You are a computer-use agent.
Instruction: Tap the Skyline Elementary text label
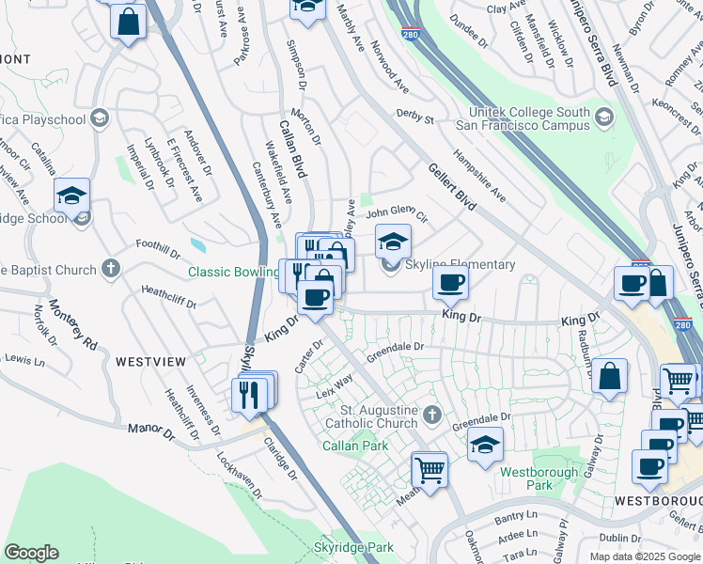pos(460,265)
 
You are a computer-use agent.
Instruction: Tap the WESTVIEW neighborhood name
pos(150,361)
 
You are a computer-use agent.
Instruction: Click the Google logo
pos(31,553)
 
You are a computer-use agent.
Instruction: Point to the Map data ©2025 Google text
pos(645,556)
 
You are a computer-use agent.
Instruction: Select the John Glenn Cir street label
pos(397,213)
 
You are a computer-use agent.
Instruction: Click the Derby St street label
pos(414,119)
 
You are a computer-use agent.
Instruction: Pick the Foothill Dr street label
pos(157,250)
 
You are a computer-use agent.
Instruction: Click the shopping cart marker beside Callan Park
pos(430,468)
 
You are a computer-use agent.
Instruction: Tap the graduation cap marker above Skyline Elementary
pos(394,242)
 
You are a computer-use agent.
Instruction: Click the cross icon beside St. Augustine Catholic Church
pos(431,415)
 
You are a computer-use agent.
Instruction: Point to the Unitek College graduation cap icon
pos(602,117)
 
